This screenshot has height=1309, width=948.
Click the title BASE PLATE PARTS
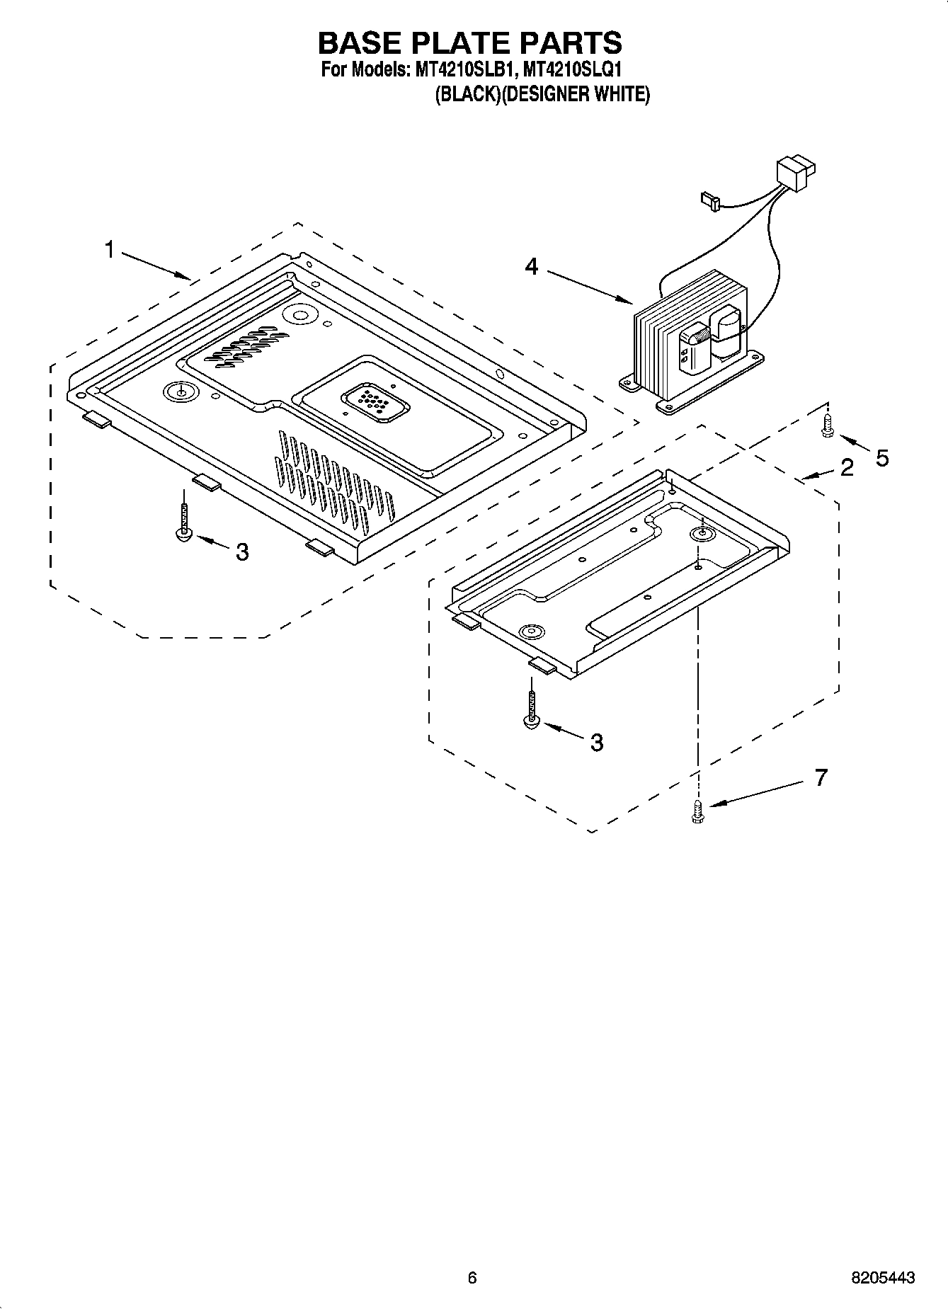[x=469, y=43]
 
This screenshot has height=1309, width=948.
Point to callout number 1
[x=110, y=249]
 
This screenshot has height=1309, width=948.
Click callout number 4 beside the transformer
[x=531, y=266]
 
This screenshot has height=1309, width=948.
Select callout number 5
[x=881, y=458]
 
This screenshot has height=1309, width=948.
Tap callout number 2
[x=847, y=467]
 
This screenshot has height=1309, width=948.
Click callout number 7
[x=821, y=777]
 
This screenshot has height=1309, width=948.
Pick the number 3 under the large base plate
[x=242, y=551]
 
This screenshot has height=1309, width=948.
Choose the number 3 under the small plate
[x=597, y=742]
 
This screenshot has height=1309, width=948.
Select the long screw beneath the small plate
[x=531, y=709]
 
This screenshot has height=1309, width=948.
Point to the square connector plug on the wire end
[x=796, y=174]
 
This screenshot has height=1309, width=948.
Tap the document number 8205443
[x=882, y=1277]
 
